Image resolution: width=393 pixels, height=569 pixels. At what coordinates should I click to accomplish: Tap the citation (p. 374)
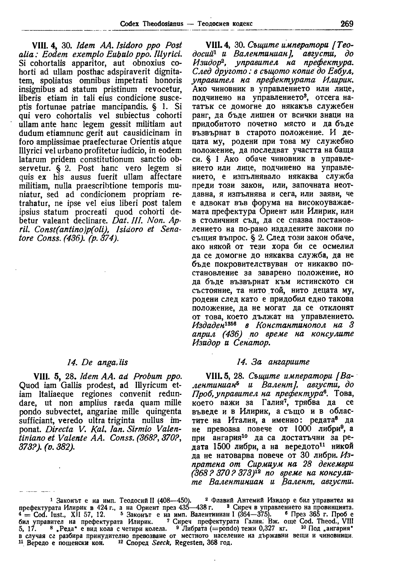click(103, 238)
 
